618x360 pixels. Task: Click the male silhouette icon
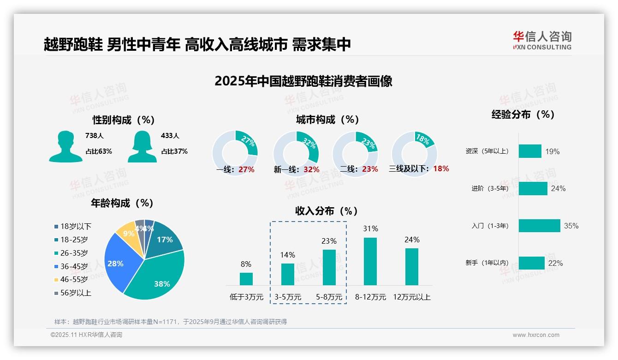65,146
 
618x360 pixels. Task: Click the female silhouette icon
142,146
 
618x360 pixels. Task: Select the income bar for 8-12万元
370,261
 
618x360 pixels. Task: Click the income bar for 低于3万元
246,279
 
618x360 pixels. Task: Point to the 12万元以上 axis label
411,297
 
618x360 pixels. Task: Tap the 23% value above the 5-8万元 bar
329,241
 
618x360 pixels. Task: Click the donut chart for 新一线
296,153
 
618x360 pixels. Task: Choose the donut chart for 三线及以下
414,153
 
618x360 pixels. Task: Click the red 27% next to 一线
246,169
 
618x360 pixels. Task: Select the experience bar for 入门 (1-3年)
539,226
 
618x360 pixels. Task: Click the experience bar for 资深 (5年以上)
530,151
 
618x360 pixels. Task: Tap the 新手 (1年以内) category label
487,263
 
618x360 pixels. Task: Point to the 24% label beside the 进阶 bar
558,188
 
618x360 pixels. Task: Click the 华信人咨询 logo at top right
542,40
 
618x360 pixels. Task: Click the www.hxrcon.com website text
536,335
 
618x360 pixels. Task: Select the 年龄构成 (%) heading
122,203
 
